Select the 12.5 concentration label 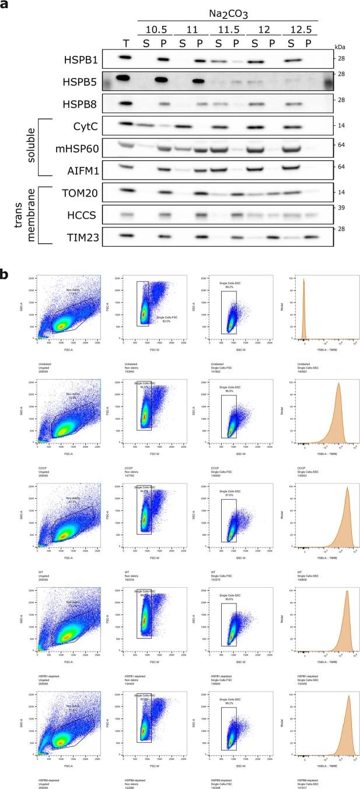point(300,28)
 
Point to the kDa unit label point(341,45)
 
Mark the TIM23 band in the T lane point(124,237)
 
